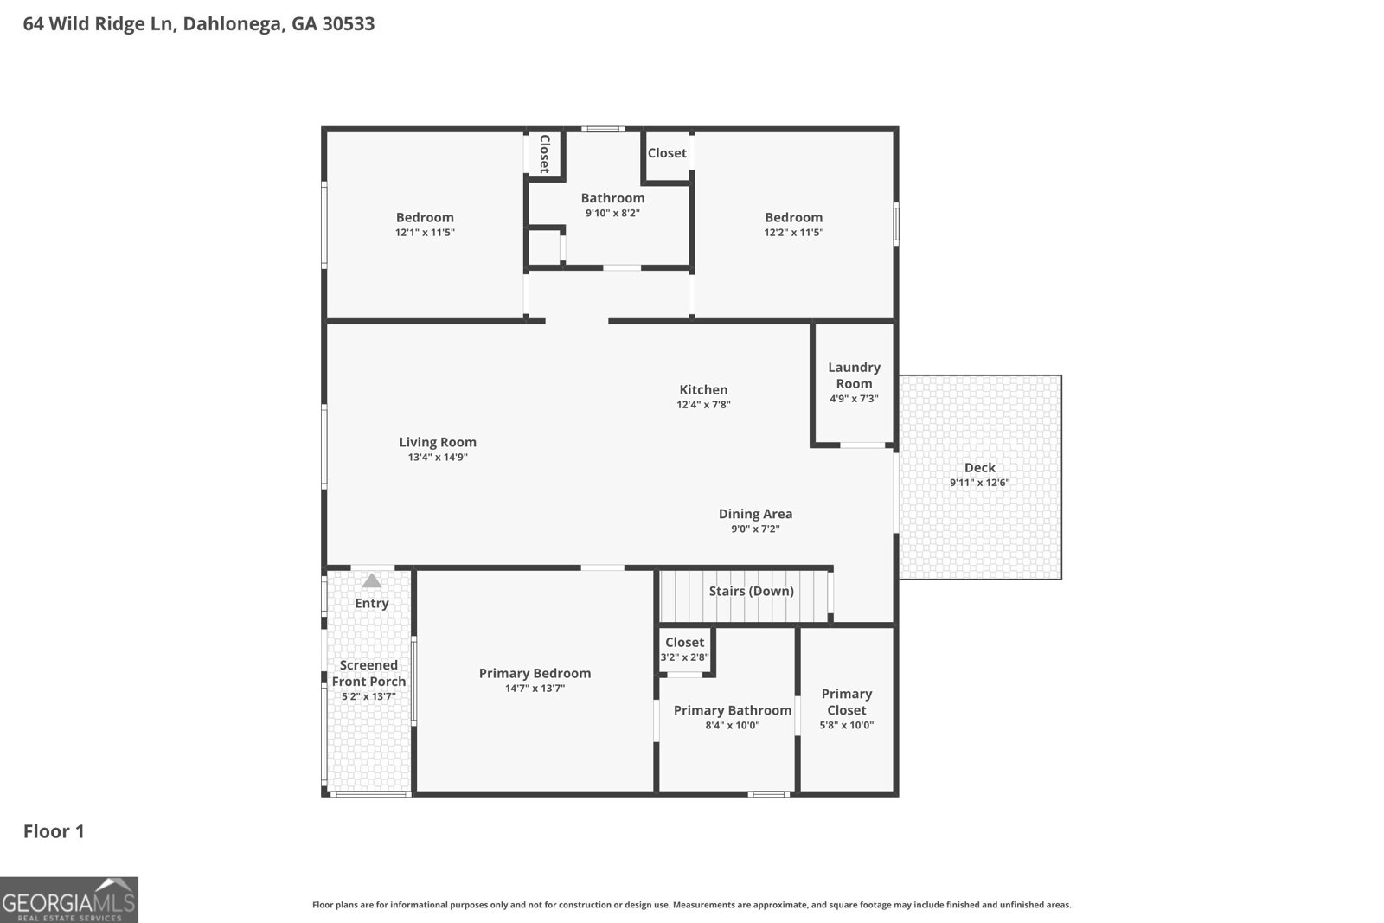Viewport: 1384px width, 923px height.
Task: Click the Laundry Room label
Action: click(854, 375)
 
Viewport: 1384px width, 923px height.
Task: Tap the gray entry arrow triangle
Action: click(372, 581)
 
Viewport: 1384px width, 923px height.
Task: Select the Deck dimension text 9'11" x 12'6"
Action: click(979, 483)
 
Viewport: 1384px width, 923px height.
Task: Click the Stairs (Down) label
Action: click(751, 592)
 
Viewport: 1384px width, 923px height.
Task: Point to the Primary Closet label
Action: click(846, 702)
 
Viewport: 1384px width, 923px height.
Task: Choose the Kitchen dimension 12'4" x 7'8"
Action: click(703, 405)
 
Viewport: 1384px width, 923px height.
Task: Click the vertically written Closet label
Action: click(545, 154)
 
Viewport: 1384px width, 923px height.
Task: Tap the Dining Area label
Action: click(755, 514)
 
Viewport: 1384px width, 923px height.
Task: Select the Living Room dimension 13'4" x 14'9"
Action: click(438, 458)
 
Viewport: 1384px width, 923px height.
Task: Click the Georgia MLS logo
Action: click(68, 900)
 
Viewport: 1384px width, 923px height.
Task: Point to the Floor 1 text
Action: click(54, 831)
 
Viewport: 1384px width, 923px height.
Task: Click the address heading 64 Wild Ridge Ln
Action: click(199, 24)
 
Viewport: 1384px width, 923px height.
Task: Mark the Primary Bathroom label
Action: click(732, 710)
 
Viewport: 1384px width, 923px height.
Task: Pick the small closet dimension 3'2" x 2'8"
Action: click(684, 657)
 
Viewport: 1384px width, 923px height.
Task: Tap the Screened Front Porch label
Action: click(368, 673)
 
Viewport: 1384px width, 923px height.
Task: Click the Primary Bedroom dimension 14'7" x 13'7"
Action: click(535, 689)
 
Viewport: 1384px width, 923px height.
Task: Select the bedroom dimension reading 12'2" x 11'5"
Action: click(793, 233)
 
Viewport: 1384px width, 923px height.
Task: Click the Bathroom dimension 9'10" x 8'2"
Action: click(612, 213)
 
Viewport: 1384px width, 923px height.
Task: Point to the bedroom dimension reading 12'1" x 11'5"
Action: click(425, 233)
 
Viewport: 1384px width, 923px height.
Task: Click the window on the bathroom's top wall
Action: click(602, 130)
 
